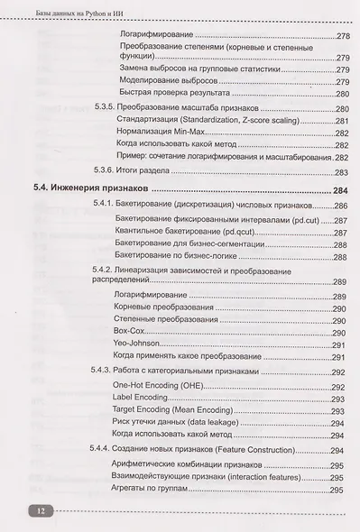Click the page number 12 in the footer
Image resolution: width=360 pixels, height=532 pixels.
[x=42, y=510]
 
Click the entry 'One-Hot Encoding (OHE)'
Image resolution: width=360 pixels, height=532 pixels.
[x=159, y=385]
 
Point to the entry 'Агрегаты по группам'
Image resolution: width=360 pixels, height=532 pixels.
[x=152, y=489]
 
